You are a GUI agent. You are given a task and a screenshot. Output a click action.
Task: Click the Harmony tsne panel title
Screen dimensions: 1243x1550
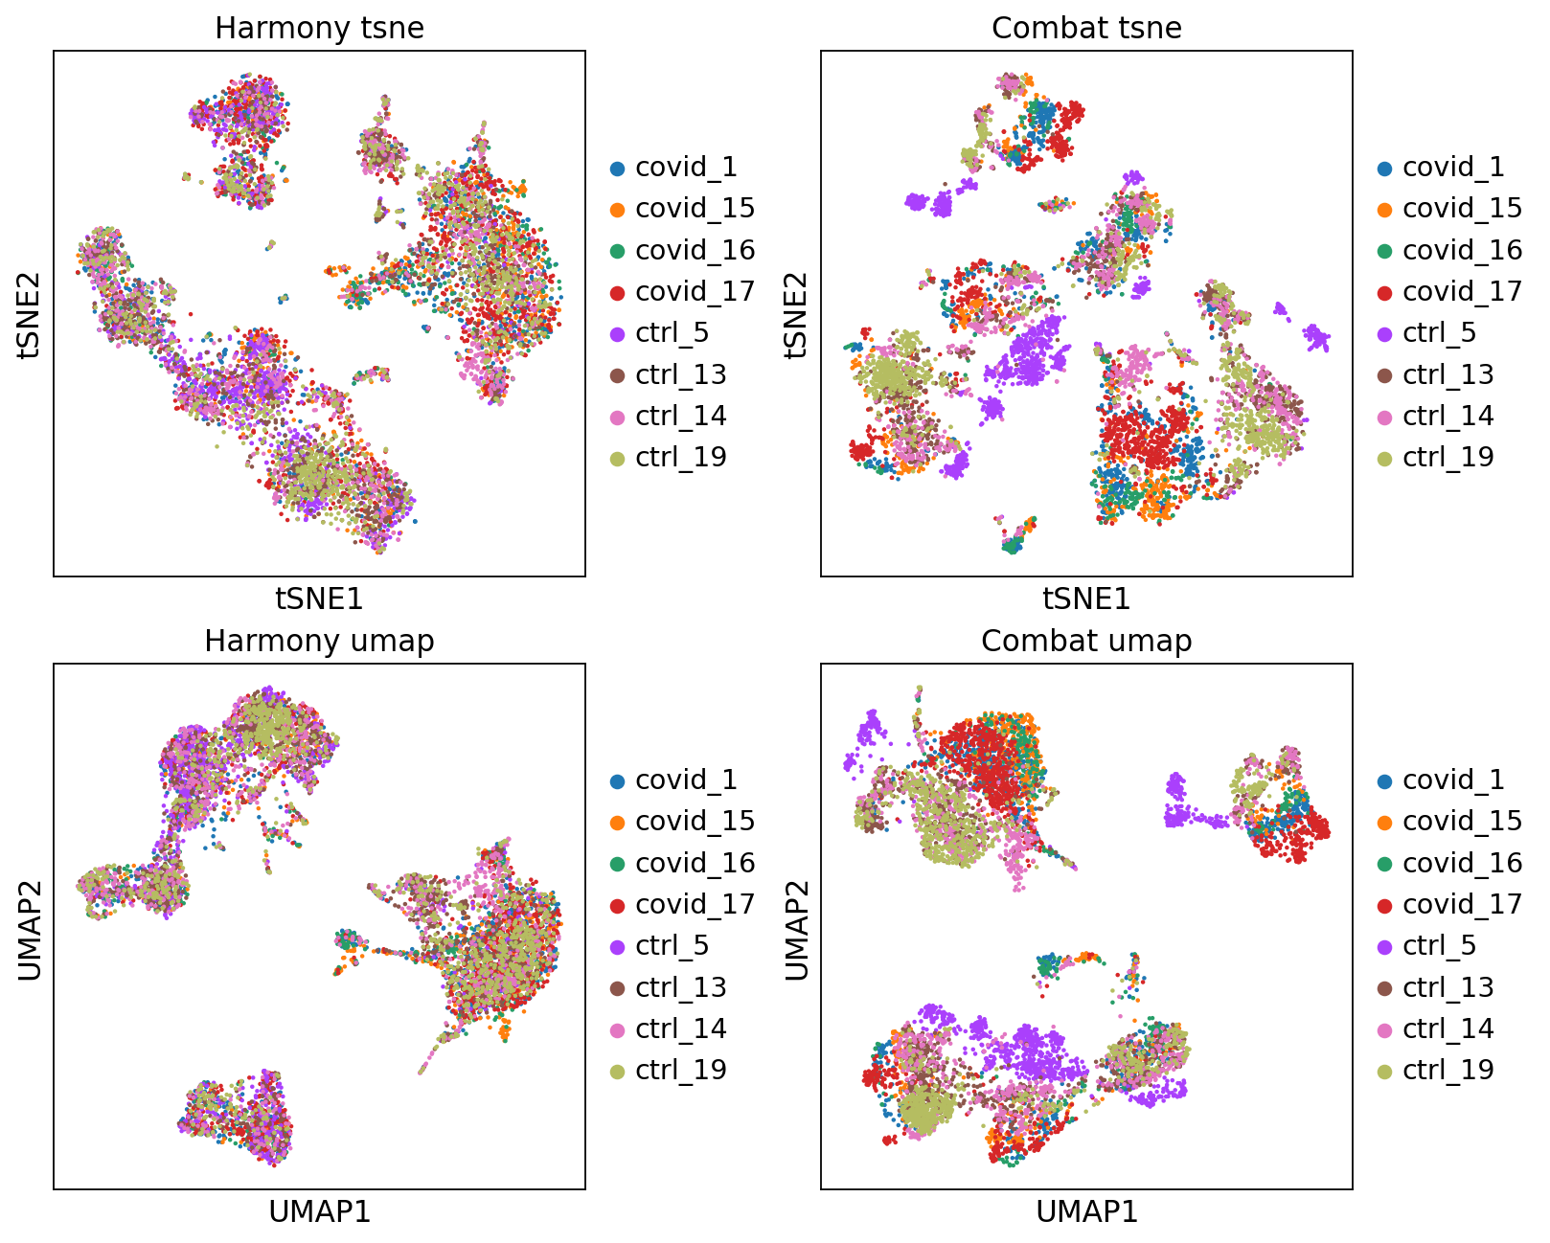coord(319,28)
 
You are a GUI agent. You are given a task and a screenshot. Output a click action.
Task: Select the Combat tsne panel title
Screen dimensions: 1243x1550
coord(1086,28)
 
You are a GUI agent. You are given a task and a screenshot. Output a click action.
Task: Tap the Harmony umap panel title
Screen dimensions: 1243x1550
coord(319,641)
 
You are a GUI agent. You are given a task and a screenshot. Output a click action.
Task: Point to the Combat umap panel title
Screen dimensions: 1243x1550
coord(1086,641)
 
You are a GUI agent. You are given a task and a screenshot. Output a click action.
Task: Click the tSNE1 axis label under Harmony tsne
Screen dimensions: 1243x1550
coord(319,599)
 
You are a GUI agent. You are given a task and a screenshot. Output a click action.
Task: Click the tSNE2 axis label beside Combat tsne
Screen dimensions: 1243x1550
coord(796,314)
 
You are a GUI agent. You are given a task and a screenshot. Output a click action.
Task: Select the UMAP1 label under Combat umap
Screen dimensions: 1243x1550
coord(1086,1211)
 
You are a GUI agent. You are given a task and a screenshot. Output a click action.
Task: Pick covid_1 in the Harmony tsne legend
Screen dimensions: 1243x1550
coord(686,168)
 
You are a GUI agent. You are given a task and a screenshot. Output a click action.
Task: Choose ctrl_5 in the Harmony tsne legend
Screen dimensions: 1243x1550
coord(672,333)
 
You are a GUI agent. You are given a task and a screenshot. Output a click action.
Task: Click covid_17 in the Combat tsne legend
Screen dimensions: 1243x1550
coord(1462,291)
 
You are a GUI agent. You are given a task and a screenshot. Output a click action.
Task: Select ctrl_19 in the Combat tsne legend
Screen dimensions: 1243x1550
coord(1447,457)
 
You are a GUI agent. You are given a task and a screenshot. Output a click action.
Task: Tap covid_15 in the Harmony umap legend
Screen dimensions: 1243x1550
coord(695,822)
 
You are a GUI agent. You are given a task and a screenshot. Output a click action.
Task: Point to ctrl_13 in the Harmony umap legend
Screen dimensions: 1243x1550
coord(680,987)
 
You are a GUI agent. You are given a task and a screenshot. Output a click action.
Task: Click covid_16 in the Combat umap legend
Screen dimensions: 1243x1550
coord(1462,863)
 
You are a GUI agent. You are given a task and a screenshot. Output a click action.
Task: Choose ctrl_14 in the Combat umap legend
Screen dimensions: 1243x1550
coord(1447,1028)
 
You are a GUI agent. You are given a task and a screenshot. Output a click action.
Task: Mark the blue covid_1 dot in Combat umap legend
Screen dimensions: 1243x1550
coord(1384,781)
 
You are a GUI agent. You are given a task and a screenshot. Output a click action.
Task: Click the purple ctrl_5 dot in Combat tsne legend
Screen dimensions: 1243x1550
coord(1384,334)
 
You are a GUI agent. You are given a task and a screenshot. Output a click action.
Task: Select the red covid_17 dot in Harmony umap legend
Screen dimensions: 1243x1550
coord(617,905)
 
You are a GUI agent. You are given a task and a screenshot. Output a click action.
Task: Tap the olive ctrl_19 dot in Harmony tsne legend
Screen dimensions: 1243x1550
coord(617,459)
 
